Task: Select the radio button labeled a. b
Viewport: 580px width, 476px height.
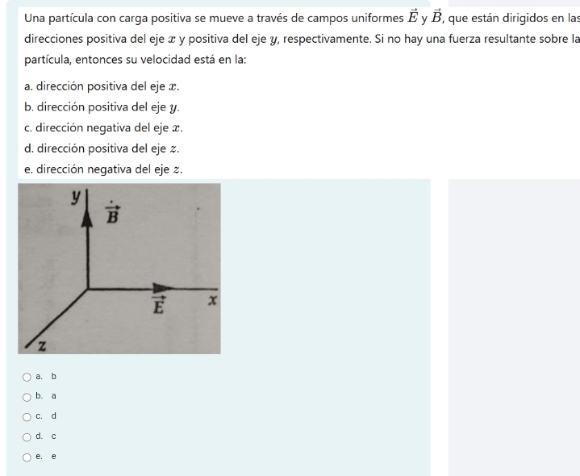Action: pyautogui.click(x=27, y=376)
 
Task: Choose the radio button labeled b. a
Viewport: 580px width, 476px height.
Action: pyautogui.click(x=27, y=396)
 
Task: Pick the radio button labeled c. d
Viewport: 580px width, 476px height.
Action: pyautogui.click(x=27, y=416)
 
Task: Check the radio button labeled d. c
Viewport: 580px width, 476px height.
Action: pyautogui.click(x=27, y=436)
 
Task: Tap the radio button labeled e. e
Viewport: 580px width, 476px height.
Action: pyautogui.click(x=27, y=457)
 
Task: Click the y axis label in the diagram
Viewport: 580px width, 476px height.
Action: pyautogui.click(x=77, y=196)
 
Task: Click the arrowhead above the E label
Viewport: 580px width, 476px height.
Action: pyautogui.click(x=164, y=288)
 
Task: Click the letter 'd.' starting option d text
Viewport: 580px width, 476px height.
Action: pyautogui.click(x=30, y=148)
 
